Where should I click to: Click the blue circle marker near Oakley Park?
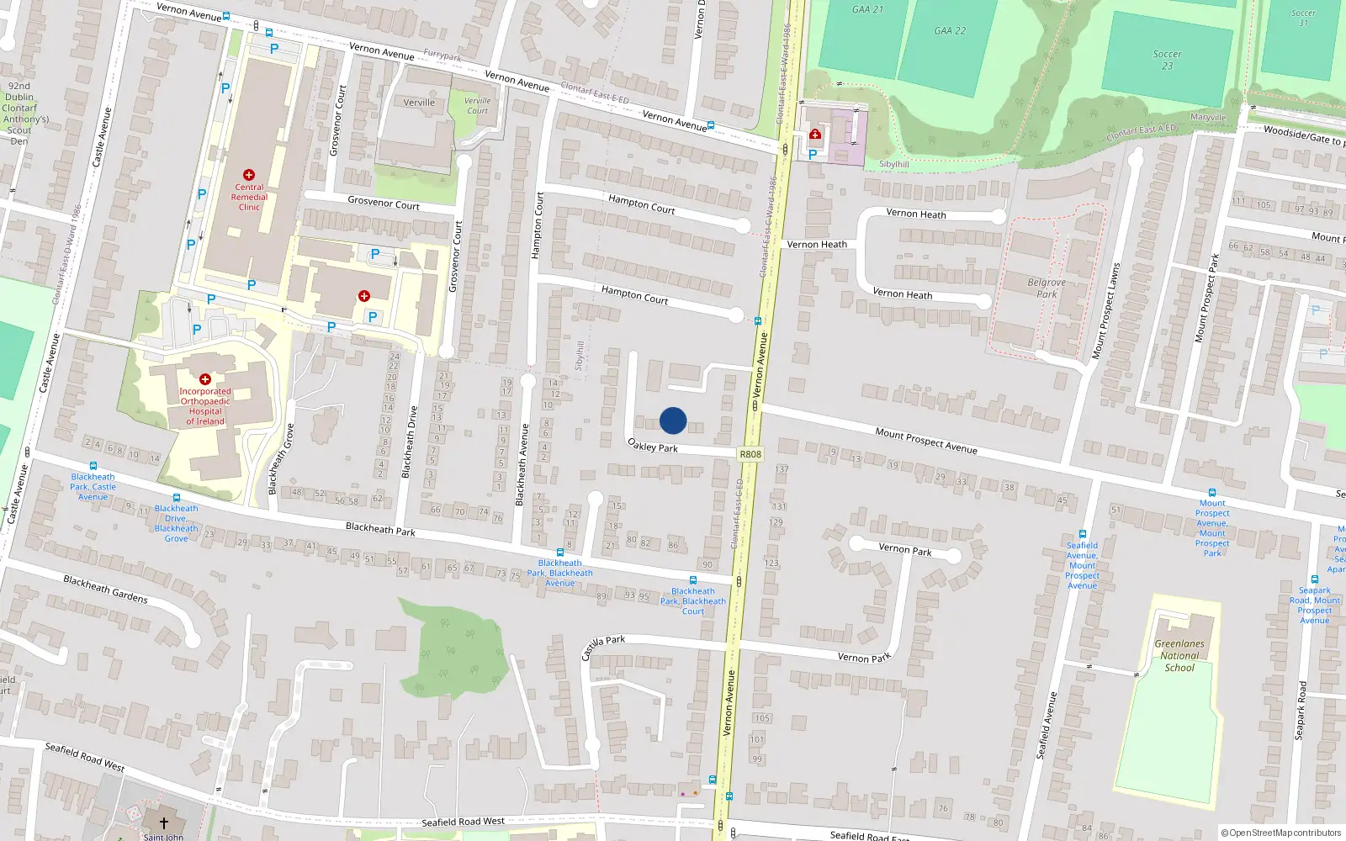pyautogui.click(x=673, y=420)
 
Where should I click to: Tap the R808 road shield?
pyautogui.click(x=750, y=454)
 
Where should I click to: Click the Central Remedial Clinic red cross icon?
pyautogui.click(x=248, y=175)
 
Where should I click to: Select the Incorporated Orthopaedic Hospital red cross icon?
pyautogui.click(x=204, y=379)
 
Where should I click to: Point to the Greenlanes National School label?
pyautogui.click(x=1179, y=655)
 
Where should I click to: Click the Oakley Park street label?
pyautogui.click(x=653, y=446)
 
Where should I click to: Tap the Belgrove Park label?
pyautogui.click(x=1047, y=288)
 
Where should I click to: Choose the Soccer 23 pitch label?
pyautogui.click(x=1167, y=60)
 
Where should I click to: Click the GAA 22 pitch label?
pyautogui.click(x=950, y=31)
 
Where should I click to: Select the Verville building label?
pyautogui.click(x=419, y=103)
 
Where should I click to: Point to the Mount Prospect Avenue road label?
pyautogui.click(x=925, y=441)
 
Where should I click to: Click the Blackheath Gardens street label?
pyautogui.click(x=105, y=589)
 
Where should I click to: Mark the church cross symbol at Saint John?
pyautogui.click(x=164, y=822)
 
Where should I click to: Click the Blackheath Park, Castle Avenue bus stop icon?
pyautogui.click(x=93, y=466)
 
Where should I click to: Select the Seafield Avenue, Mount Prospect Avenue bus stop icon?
pyautogui.click(x=1083, y=534)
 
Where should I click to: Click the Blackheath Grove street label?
pyautogui.click(x=281, y=458)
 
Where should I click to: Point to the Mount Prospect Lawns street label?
pyautogui.click(x=1105, y=311)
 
